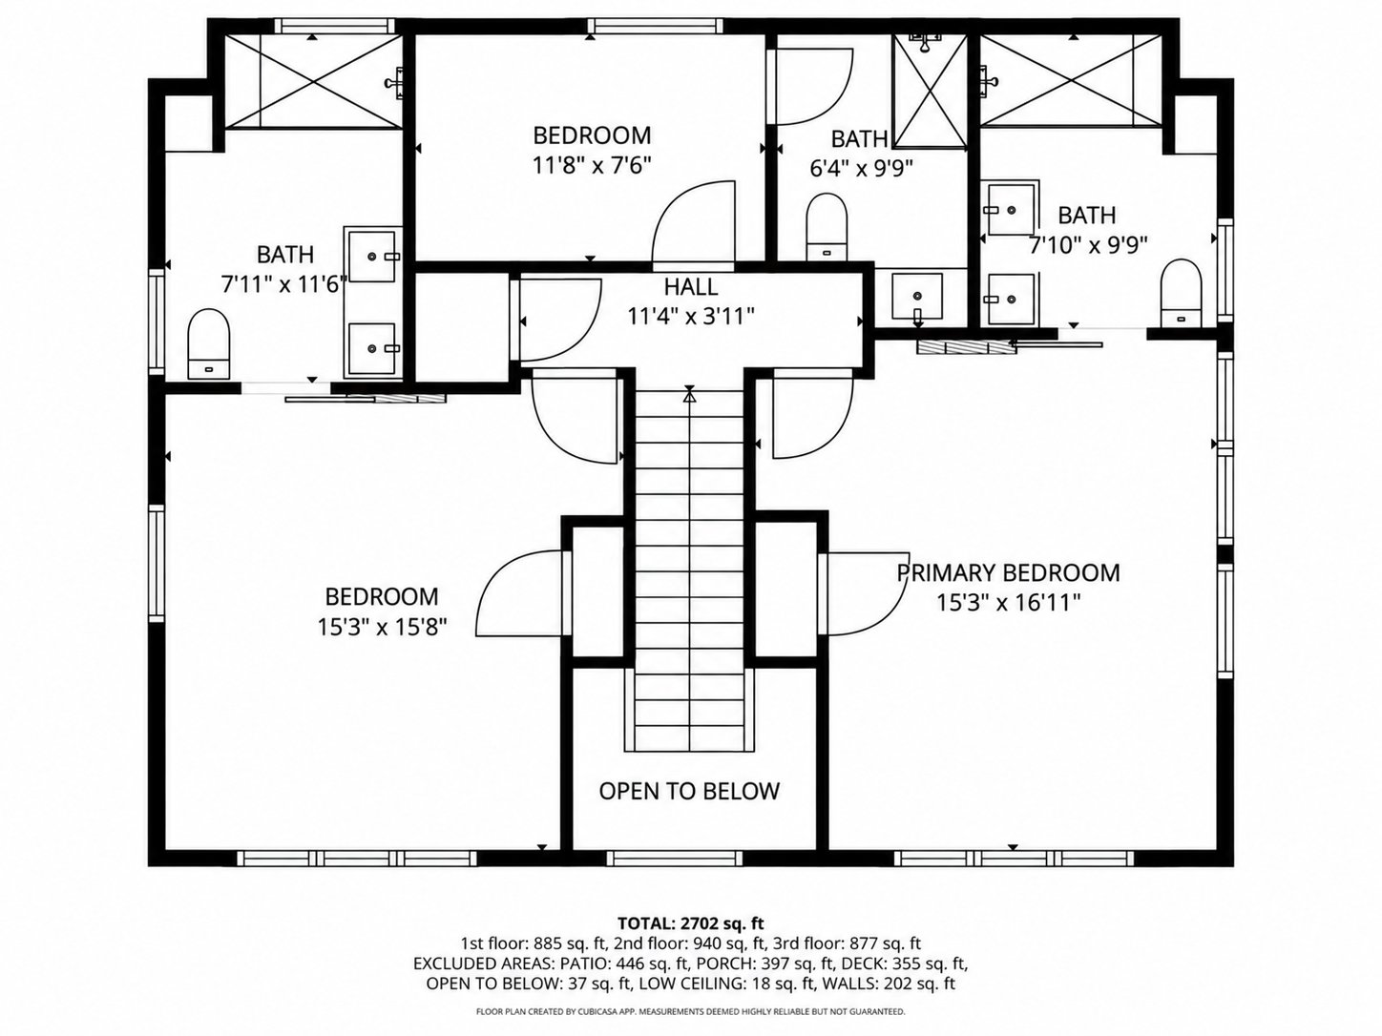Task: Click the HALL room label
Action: [x=691, y=287]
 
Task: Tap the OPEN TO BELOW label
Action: [x=689, y=791]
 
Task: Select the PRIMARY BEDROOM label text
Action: [x=1008, y=573]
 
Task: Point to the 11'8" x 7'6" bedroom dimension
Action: [x=591, y=165]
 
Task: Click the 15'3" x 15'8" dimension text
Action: [x=382, y=627]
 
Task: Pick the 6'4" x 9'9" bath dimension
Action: [x=861, y=168]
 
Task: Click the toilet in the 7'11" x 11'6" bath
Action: [x=209, y=344]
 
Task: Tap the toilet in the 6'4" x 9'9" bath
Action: [x=827, y=226]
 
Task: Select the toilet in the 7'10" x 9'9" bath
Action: [x=1181, y=293]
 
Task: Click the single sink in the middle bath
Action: [x=917, y=296]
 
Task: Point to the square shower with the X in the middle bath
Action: [x=930, y=92]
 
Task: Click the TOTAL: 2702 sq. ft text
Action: [x=690, y=923]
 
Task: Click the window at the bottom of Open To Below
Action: [x=675, y=858]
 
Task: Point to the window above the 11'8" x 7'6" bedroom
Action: [x=656, y=26]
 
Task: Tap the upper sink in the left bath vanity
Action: [x=372, y=256]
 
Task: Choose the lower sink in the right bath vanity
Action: [x=1011, y=299]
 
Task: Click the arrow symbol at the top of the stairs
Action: [x=690, y=394]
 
